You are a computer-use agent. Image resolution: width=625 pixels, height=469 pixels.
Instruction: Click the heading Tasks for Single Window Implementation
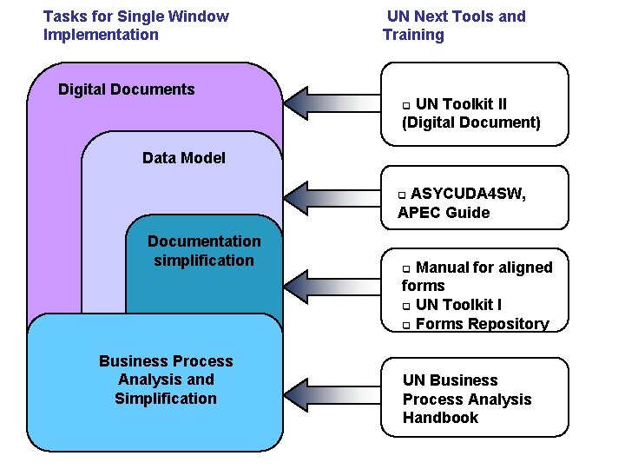pyautogui.click(x=135, y=25)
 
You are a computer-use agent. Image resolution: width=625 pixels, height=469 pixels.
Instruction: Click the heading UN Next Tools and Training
pyautogui.click(x=454, y=25)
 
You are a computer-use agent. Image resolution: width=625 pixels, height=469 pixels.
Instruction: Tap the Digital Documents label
pyautogui.click(x=126, y=89)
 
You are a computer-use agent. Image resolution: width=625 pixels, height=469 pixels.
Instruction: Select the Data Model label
pyautogui.click(x=183, y=157)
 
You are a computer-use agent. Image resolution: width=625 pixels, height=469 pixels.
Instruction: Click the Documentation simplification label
pyautogui.click(x=203, y=250)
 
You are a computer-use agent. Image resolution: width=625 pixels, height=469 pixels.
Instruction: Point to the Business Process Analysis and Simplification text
pyautogui.click(x=166, y=380)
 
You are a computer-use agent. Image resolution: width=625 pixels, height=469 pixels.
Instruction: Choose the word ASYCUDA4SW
pyautogui.click(x=468, y=194)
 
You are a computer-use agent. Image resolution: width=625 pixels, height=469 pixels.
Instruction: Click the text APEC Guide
pyautogui.click(x=444, y=213)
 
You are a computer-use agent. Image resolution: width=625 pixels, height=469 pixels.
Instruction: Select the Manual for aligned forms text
pyautogui.click(x=477, y=276)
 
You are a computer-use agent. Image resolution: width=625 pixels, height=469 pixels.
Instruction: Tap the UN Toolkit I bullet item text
pyautogui.click(x=458, y=304)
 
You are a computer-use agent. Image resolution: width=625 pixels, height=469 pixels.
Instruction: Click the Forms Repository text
pyautogui.click(x=483, y=324)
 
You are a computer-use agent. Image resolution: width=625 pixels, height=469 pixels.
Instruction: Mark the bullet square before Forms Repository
pyautogui.click(x=405, y=326)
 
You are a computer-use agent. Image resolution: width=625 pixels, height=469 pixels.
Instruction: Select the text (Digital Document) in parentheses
pyautogui.click(x=471, y=122)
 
